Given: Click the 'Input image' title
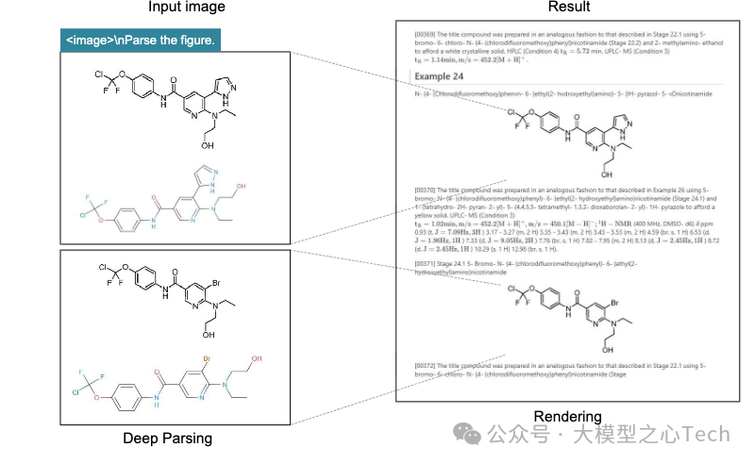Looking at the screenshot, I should [x=187, y=8].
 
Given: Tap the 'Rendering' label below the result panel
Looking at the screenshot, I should [x=567, y=417].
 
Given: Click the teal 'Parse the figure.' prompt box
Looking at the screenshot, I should [x=141, y=41].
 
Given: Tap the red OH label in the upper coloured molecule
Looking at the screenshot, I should [x=242, y=187].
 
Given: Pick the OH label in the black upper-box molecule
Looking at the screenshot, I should [x=207, y=146].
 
